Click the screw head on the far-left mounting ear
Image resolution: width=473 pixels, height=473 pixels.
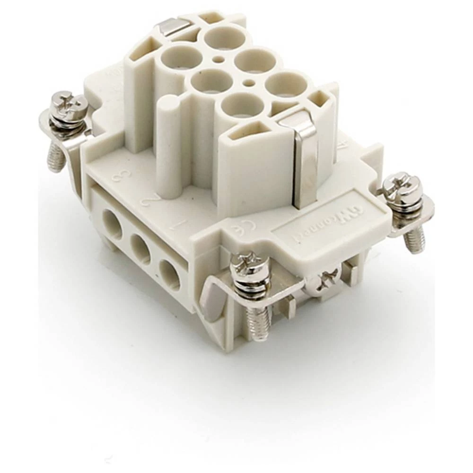pos(69,110)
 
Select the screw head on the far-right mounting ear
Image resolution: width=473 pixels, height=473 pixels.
pos(402,189)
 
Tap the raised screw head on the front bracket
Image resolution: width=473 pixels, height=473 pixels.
pos(250,269)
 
